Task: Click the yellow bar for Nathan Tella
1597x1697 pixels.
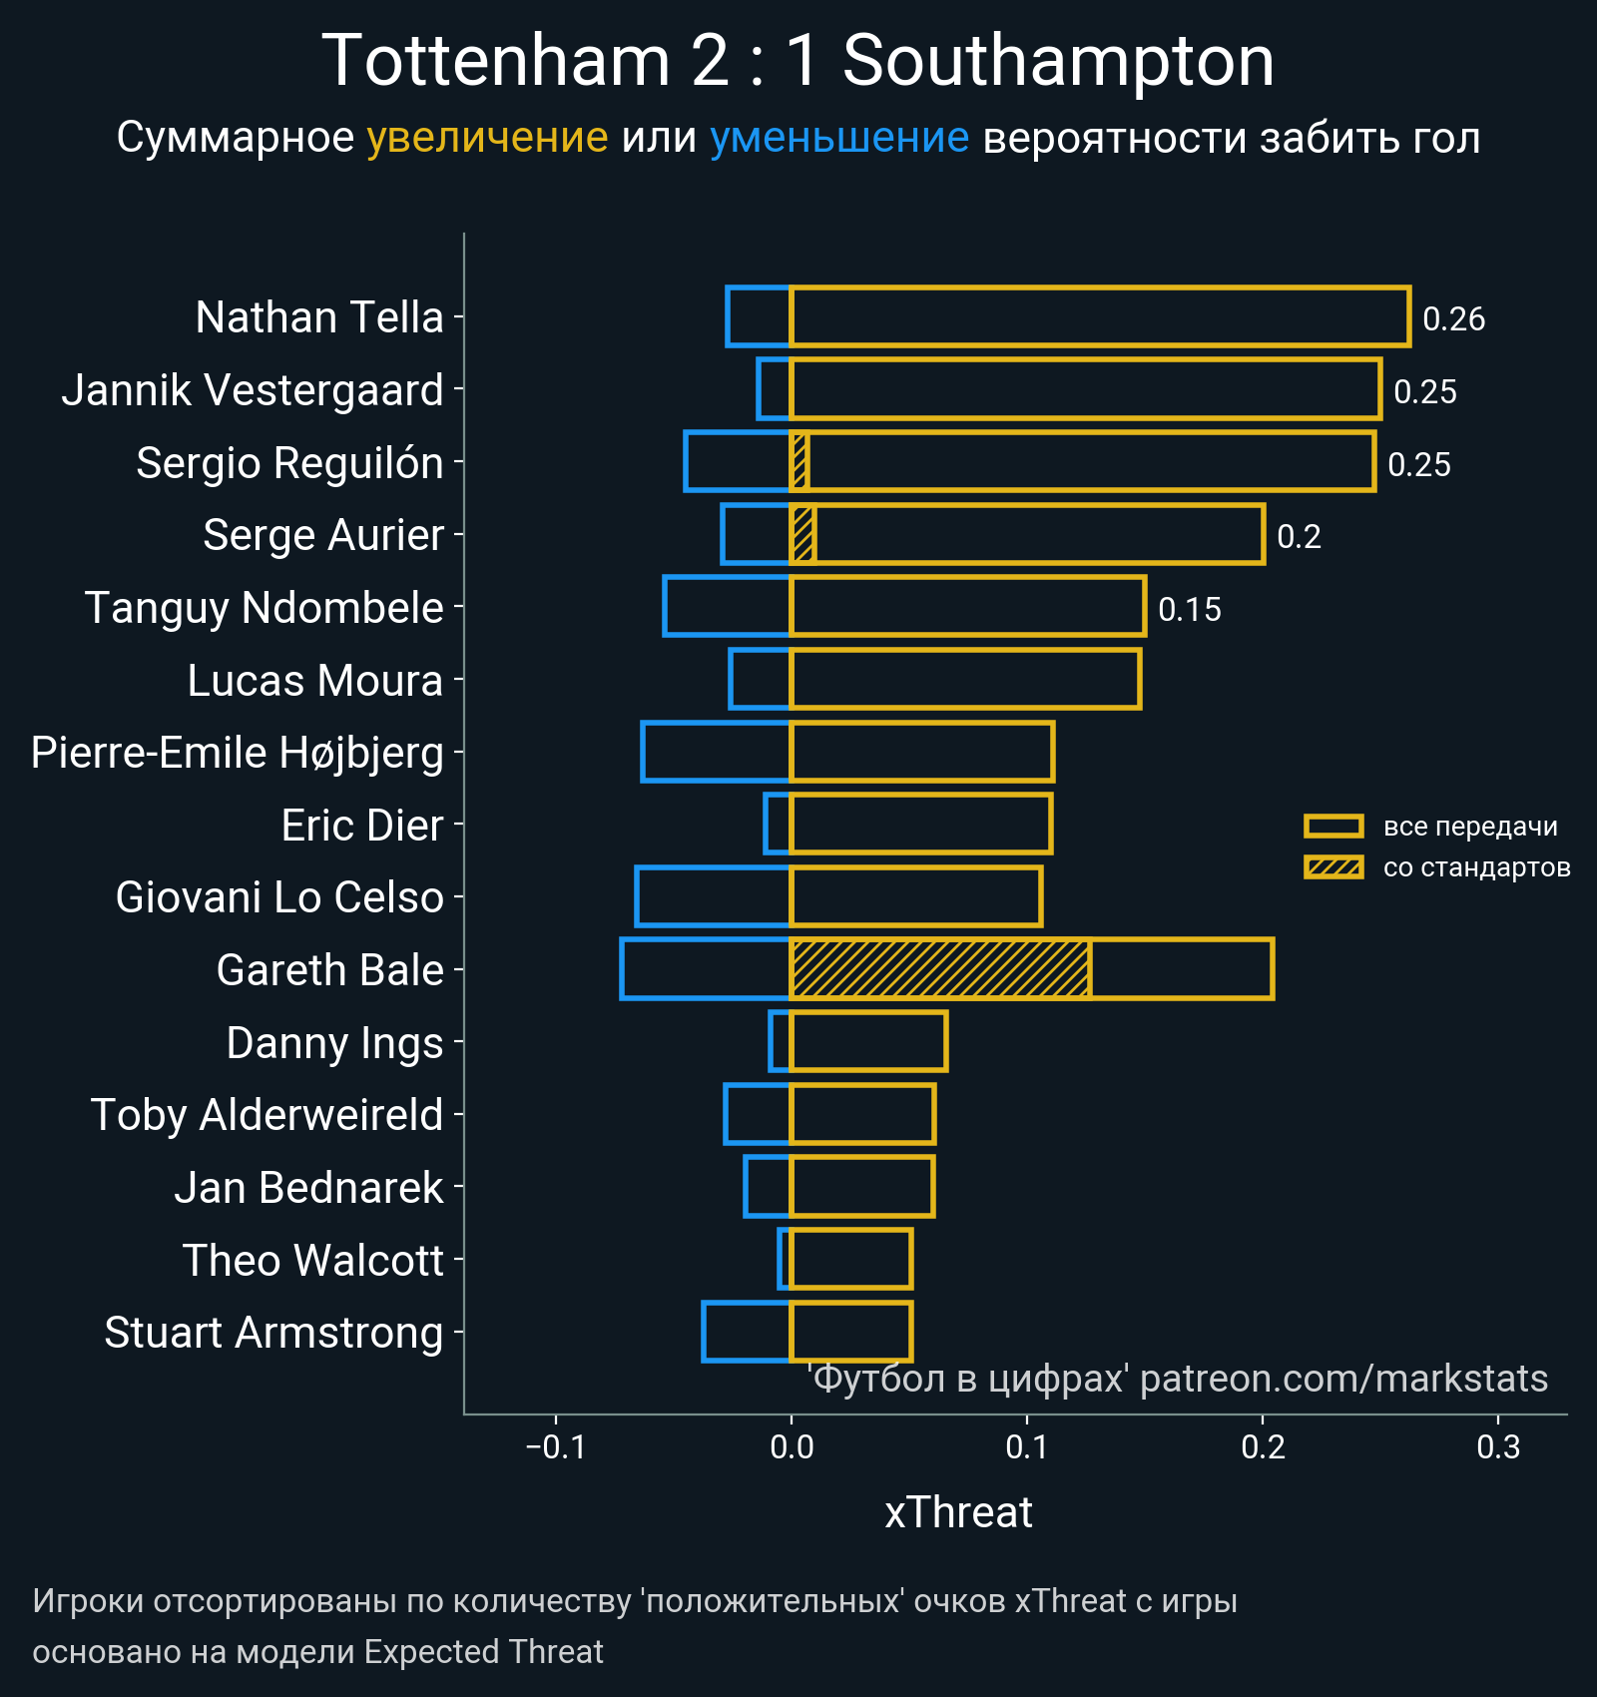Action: pos(1098,316)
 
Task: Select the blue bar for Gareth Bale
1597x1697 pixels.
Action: pos(705,968)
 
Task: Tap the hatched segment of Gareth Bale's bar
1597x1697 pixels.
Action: pos(938,968)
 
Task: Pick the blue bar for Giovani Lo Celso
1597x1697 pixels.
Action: pos(713,896)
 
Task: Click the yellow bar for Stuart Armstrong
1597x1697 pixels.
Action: pos(850,1332)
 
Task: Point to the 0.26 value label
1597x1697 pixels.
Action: pos(1453,318)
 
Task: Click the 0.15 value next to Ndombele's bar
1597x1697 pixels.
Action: pos(1189,609)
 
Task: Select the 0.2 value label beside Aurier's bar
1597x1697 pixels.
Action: pos(1299,537)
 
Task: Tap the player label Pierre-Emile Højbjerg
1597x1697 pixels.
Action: pos(237,753)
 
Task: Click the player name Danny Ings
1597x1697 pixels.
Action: pos(334,1043)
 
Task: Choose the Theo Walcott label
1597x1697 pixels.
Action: pos(312,1261)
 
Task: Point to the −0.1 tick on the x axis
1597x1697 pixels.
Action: pos(556,1446)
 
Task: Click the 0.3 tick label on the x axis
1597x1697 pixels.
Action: pos(1497,1446)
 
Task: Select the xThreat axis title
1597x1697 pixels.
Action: pos(958,1512)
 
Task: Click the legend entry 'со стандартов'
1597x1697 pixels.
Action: pos(1476,867)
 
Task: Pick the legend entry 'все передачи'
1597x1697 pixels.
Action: pos(1469,827)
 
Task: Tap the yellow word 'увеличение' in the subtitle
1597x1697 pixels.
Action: pos(487,138)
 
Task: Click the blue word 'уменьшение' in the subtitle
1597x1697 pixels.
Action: pos(838,138)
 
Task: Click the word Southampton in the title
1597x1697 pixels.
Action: pos(1058,62)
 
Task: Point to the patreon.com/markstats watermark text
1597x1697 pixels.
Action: pos(1343,1379)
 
